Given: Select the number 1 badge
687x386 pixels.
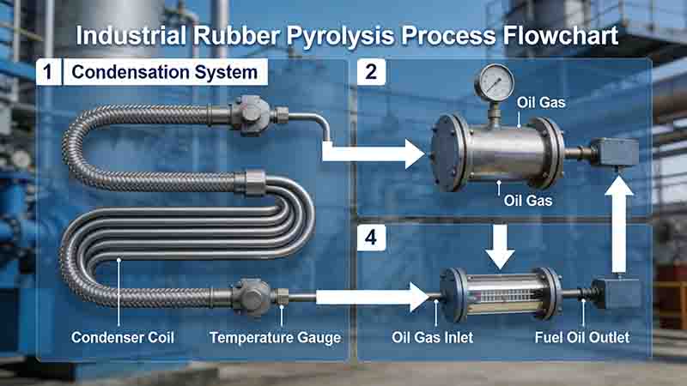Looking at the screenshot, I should coord(50,73).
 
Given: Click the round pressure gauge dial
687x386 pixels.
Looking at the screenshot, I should coord(495,83).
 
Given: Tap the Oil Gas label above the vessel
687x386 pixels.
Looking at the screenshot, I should coord(541,103).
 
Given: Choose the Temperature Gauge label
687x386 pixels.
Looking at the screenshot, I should coord(275,337).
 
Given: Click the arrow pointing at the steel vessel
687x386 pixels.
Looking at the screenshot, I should coord(374,155).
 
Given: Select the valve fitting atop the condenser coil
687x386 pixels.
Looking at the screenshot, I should coord(251,114).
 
